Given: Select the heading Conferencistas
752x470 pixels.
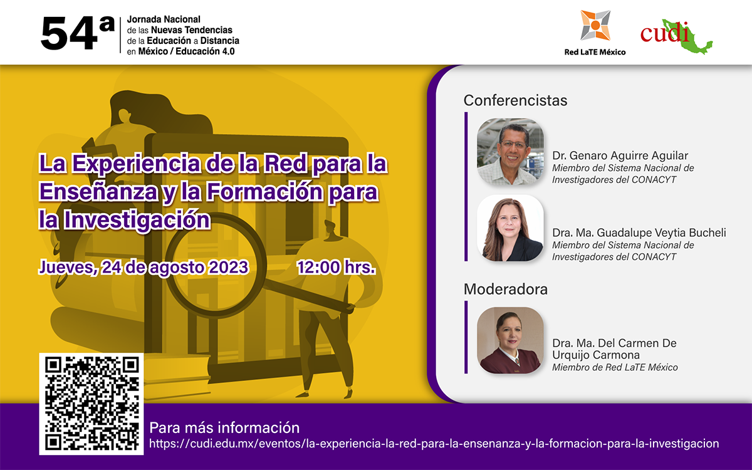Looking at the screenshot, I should pos(515,100).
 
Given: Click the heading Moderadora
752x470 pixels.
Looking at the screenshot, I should pos(505,290).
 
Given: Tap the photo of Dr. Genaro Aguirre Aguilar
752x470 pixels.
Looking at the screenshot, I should pos(509,152).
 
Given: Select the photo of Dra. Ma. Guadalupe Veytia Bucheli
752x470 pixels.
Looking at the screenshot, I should pos(509,228).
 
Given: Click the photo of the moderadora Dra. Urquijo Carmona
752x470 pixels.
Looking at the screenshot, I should pos(509,340).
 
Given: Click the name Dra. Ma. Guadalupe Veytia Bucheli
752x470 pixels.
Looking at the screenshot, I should pos(639,232).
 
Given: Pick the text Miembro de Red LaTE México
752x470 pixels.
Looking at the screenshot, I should pos(614,368).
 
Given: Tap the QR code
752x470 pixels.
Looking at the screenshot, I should pos(91,403).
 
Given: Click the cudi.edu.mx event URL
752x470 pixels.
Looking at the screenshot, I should pos(434,444).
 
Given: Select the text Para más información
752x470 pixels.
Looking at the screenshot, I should pos(224,428).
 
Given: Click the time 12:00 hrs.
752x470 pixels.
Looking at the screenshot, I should pos(336,268).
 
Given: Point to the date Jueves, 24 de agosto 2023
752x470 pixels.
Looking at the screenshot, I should pos(144,268).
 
